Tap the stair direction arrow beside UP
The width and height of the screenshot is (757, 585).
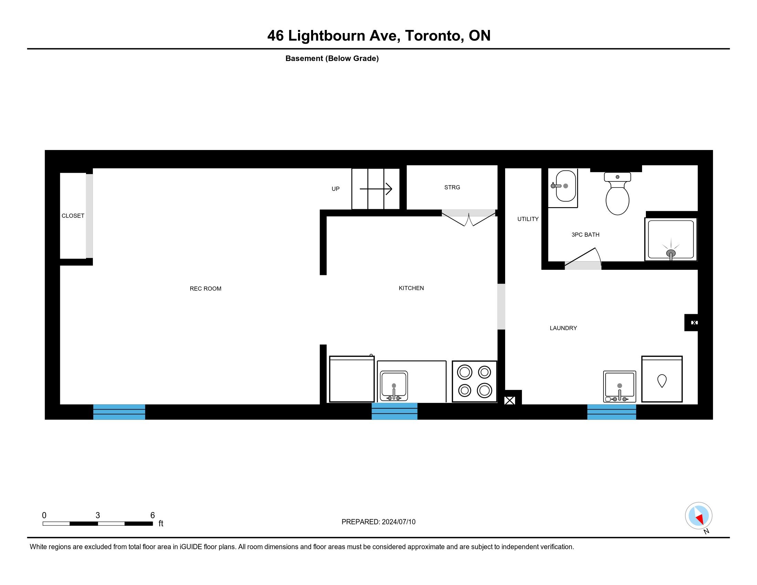pyautogui.click(x=376, y=189)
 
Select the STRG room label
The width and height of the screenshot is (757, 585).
pyautogui.click(x=452, y=188)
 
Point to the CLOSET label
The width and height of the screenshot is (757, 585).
pyautogui.click(x=73, y=215)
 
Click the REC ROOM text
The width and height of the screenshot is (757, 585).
pyautogui.click(x=205, y=289)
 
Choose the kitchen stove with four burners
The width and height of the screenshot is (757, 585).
pyautogui.click(x=474, y=382)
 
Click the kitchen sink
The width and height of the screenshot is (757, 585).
pyautogui.click(x=394, y=386)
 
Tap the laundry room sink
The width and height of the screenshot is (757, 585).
pyautogui.click(x=619, y=386)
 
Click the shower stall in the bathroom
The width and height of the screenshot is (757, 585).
pyautogui.click(x=671, y=239)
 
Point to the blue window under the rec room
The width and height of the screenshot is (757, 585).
pyautogui.click(x=119, y=412)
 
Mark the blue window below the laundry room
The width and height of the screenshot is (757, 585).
pyautogui.click(x=611, y=412)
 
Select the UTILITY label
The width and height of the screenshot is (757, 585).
pyautogui.click(x=528, y=219)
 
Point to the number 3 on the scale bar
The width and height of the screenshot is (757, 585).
pyautogui.click(x=98, y=515)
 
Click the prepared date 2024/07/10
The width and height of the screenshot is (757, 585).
pyautogui.click(x=398, y=522)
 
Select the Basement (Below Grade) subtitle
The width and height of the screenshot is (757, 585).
pyautogui.click(x=332, y=58)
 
